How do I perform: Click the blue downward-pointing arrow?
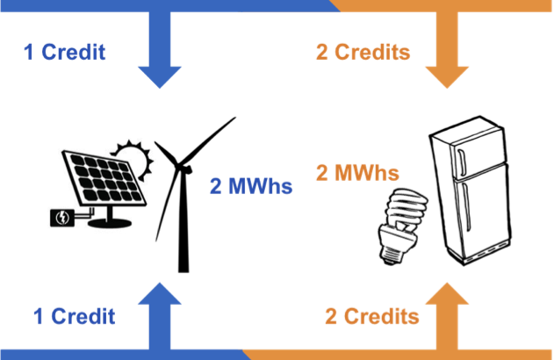160,53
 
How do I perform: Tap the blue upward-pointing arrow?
160,316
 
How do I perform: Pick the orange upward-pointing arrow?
447,316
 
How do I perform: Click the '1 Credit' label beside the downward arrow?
64,53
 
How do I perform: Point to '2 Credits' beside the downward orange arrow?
363,53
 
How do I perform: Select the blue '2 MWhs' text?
250,186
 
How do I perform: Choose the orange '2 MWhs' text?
356,172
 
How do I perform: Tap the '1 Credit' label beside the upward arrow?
74,316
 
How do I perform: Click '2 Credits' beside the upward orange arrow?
371,316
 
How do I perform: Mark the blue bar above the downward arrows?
167,5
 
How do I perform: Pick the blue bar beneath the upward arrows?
123,354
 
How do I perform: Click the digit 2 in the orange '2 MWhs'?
322,172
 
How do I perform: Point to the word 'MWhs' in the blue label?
260,186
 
